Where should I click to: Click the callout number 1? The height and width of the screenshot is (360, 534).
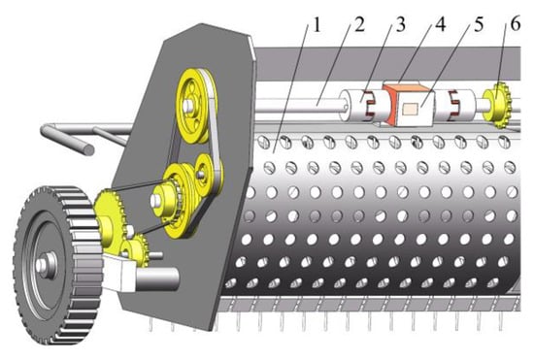point(317,25)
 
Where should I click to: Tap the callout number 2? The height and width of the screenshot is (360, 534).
point(359,25)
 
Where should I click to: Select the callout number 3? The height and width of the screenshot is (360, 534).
point(400,25)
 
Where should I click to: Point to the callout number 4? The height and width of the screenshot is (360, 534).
point(441,25)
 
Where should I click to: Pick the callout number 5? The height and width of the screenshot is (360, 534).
point(479,25)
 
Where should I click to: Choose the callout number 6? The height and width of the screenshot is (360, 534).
point(516,24)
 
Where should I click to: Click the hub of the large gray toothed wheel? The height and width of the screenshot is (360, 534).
point(46,265)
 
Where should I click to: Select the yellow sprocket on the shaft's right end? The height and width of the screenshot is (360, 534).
point(497,105)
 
